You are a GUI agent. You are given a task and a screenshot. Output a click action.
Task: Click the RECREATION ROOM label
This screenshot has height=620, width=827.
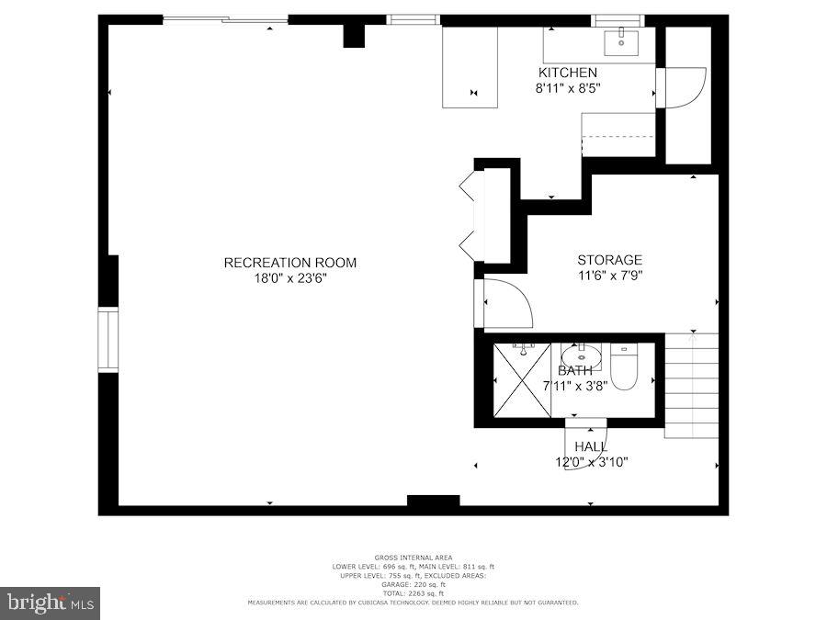tap(289, 263)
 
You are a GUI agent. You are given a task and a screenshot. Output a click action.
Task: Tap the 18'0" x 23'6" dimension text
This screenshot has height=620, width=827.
tap(289, 278)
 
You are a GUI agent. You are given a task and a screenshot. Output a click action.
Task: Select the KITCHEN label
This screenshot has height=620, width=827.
tap(568, 73)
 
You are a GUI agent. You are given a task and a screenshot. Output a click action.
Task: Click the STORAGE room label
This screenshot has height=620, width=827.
tap(609, 260)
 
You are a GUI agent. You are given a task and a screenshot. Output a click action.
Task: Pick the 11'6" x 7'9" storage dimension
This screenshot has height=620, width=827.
tap(609, 275)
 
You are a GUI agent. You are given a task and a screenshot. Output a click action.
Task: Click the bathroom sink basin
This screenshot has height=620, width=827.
tap(581, 355)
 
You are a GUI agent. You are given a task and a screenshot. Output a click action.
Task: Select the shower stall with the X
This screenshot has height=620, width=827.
tap(521, 380)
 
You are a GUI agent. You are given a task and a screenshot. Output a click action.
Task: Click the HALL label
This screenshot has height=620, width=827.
tap(591, 446)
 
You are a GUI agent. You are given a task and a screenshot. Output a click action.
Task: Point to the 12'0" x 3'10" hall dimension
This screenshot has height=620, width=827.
tap(591, 461)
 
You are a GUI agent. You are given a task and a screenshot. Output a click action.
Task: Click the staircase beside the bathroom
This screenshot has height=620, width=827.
tap(691, 386)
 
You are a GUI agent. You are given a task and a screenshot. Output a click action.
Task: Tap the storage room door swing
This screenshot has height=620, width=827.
tap(504, 304)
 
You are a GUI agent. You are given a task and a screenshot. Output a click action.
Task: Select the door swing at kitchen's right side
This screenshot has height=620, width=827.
tap(682, 88)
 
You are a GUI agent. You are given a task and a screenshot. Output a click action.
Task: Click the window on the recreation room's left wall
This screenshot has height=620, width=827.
tap(108, 339)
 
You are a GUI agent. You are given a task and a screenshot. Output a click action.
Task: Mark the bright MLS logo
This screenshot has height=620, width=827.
tap(50, 603)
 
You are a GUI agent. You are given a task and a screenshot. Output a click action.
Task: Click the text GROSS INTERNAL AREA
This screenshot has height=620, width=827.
tap(413, 558)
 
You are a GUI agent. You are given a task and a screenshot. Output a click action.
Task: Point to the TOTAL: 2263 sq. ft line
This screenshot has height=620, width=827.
tap(413, 593)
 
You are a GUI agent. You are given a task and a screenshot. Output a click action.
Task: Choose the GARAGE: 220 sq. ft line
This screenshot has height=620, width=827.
tap(413, 584)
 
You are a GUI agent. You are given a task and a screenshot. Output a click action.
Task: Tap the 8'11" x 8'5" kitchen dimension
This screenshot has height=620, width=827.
tap(568, 89)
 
